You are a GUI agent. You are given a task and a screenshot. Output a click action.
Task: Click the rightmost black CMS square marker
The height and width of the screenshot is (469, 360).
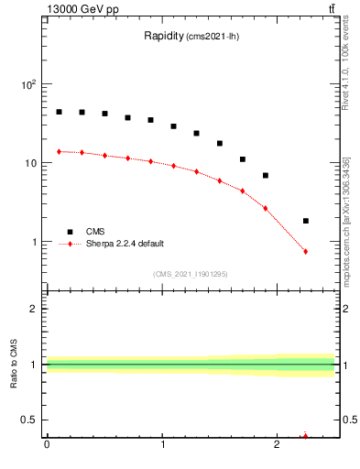pos(306,221)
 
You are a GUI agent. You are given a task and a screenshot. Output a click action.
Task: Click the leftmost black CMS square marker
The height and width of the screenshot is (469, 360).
pos(59,112)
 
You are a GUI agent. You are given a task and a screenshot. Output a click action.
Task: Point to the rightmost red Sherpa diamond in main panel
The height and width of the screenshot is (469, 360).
pos(306,251)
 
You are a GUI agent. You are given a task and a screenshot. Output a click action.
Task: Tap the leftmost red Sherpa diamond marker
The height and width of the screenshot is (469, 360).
pos(59,151)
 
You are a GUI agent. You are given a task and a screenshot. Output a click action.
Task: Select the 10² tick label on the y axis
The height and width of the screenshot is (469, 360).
pos(27,84)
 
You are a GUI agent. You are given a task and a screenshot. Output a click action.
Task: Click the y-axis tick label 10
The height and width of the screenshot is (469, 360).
pos(30,163)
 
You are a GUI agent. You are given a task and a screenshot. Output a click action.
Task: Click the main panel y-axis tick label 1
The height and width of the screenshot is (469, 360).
pos(35,243)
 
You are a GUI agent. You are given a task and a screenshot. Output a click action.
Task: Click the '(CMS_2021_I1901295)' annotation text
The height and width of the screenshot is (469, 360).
pos(191,274)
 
